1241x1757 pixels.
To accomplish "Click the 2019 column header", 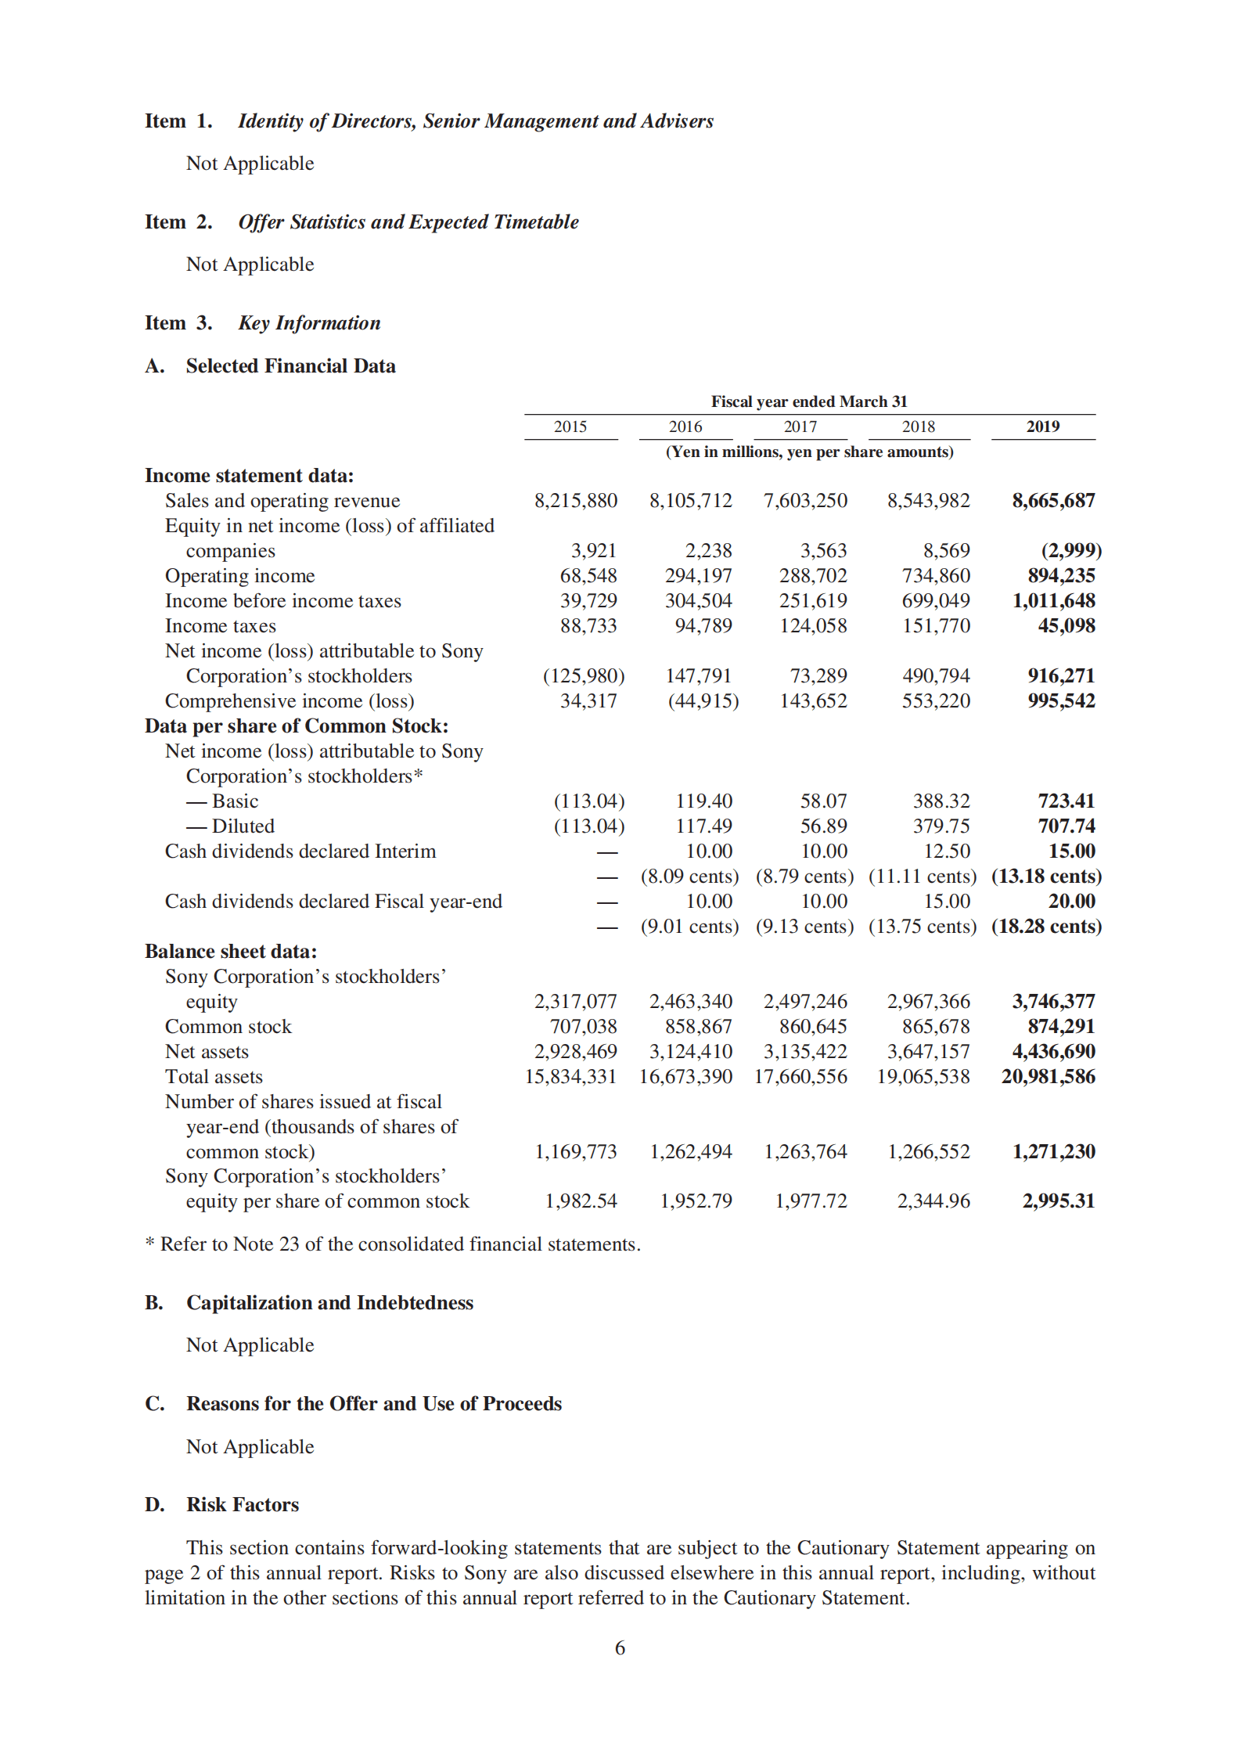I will pyautogui.click(x=1042, y=427).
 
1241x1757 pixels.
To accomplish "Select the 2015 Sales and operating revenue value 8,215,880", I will pyautogui.click(x=575, y=501).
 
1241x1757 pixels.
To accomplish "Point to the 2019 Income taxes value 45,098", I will pyautogui.click(x=1066, y=626).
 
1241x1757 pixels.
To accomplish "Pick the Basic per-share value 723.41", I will pyautogui.click(x=1066, y=801).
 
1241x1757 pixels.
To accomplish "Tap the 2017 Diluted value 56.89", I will pyautogui.click(x=823, y=826).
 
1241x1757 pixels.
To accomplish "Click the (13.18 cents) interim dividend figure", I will pyautogui.click(x=1046, y=877).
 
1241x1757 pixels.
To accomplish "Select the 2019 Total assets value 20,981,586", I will pyautogui.click(x=1048, y=1077).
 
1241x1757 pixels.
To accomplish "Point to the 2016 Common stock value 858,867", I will pyautogui.click(x=698, y=1027).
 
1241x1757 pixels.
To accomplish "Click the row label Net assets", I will pyautogui.click(x=207, y=1052).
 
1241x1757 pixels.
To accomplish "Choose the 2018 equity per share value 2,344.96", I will pyautogui.click(x=933, y=1201).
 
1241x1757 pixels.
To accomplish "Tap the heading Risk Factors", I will pyautogui.click(x=243, y=1505).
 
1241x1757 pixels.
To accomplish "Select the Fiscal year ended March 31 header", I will pyautogui.click(x=808, y=401).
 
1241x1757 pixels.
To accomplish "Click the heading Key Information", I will pyautogui.click(x=309, y=323).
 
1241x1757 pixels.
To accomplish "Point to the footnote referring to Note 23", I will pyautogui.click(x=393, y=1244).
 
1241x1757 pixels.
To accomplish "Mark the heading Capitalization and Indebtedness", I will pyautogui.click(x=329, y=1303).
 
